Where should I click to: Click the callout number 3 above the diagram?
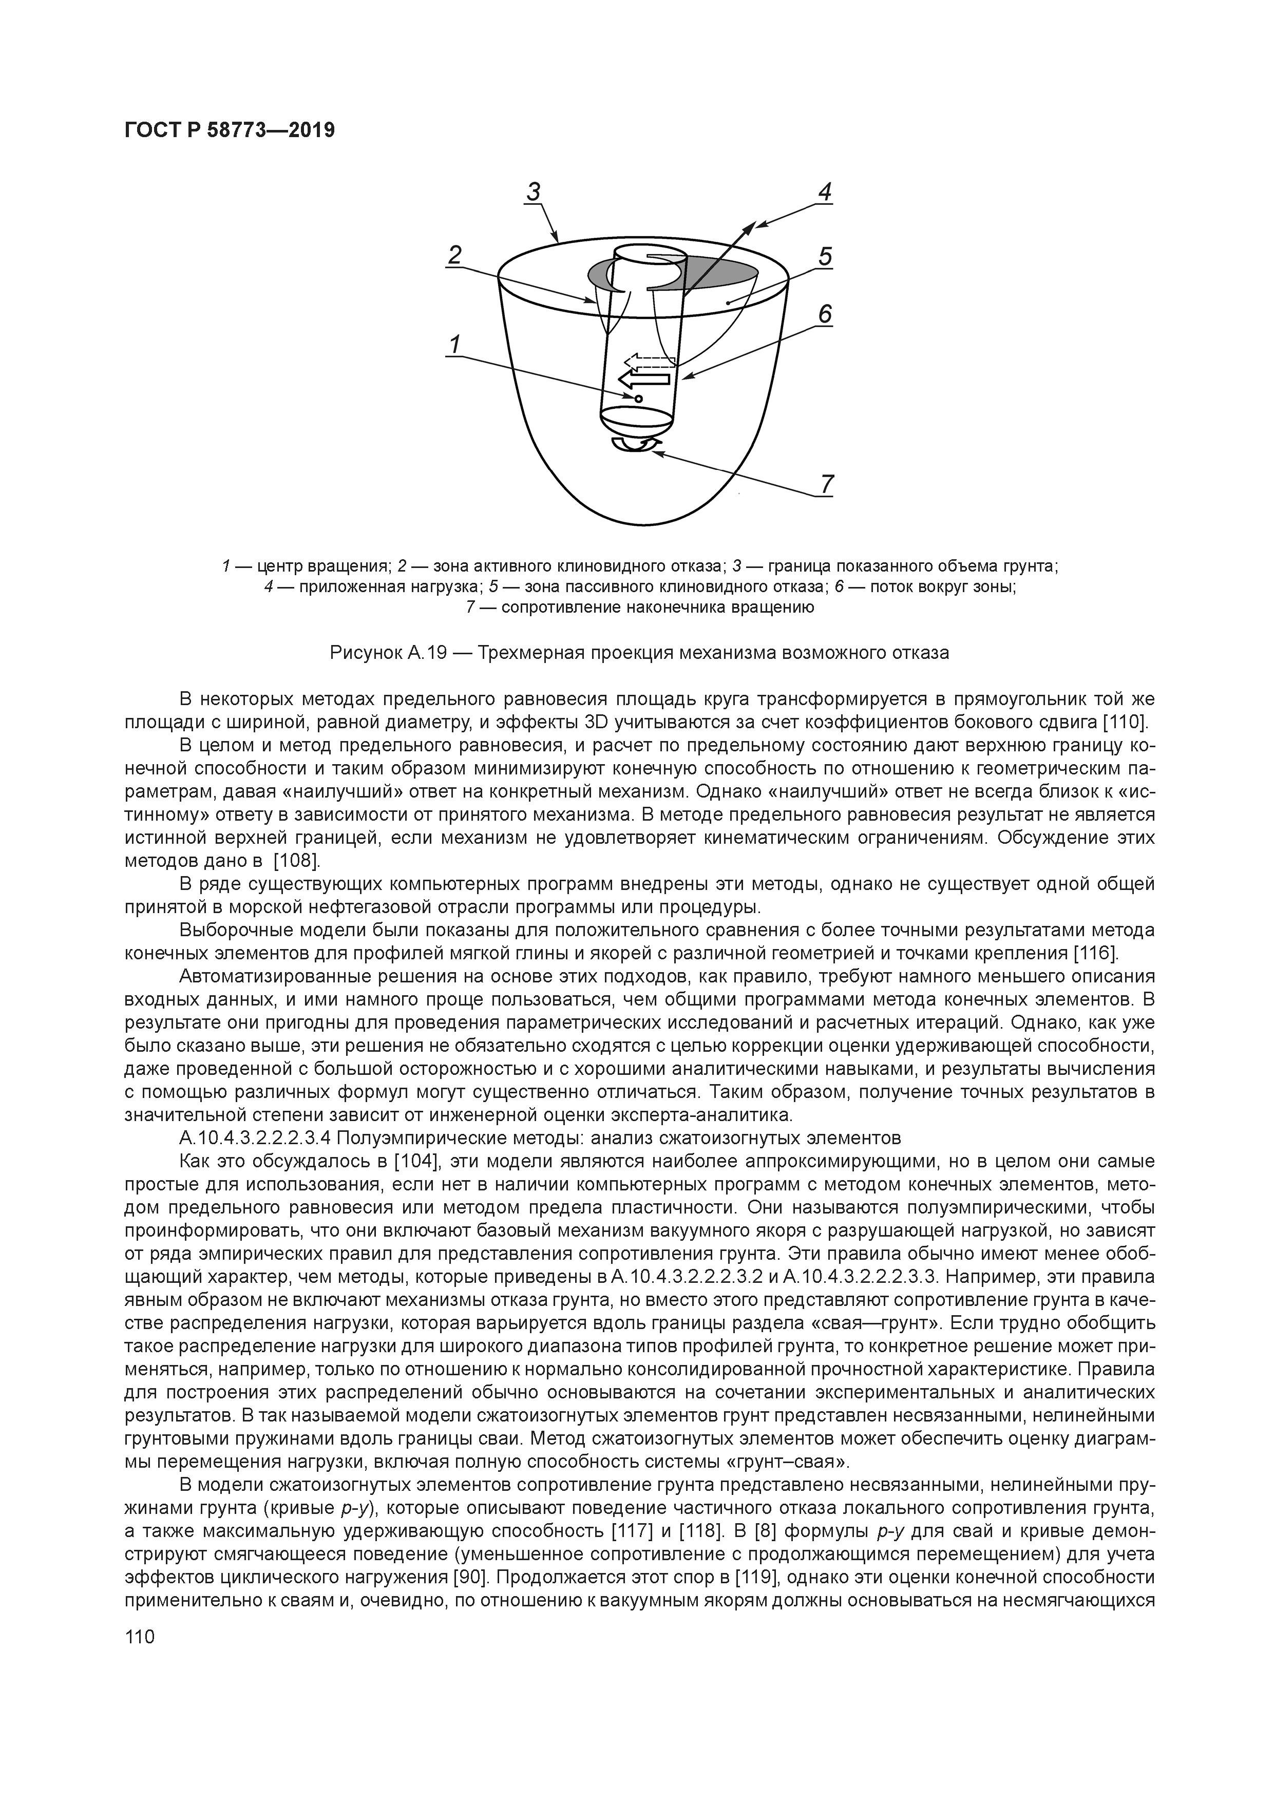(x=534, y=192)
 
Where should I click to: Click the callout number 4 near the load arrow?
(x=825, y=192)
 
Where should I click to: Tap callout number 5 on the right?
(x=825, y=256)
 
